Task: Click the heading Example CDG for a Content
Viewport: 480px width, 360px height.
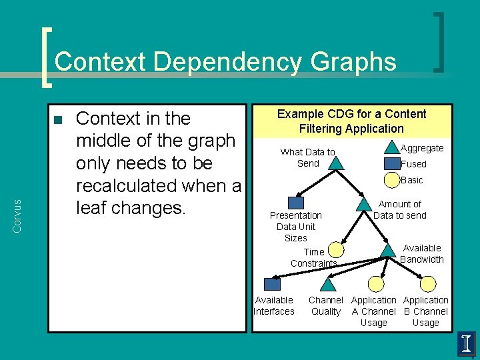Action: pyautogui.click(x=351, y=114)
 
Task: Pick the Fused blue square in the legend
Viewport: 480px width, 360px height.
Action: pyautogui.click(x=391, y=164)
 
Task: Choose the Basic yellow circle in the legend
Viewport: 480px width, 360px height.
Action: pyautogui.click(x=391, y=180)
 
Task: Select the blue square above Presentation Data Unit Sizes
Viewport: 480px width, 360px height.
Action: pyautogui.click(x=295, y=203)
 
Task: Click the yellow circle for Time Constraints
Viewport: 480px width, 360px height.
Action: pyautogui.click(x=336, y=250)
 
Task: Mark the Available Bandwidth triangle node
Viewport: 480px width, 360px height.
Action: pyautogui.click(x=388, y=250)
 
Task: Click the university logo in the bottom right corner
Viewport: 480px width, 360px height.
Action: pyautogui.click(x=467, y=344)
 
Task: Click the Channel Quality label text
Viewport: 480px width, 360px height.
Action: pyautogui.click(x=326, y=306)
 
